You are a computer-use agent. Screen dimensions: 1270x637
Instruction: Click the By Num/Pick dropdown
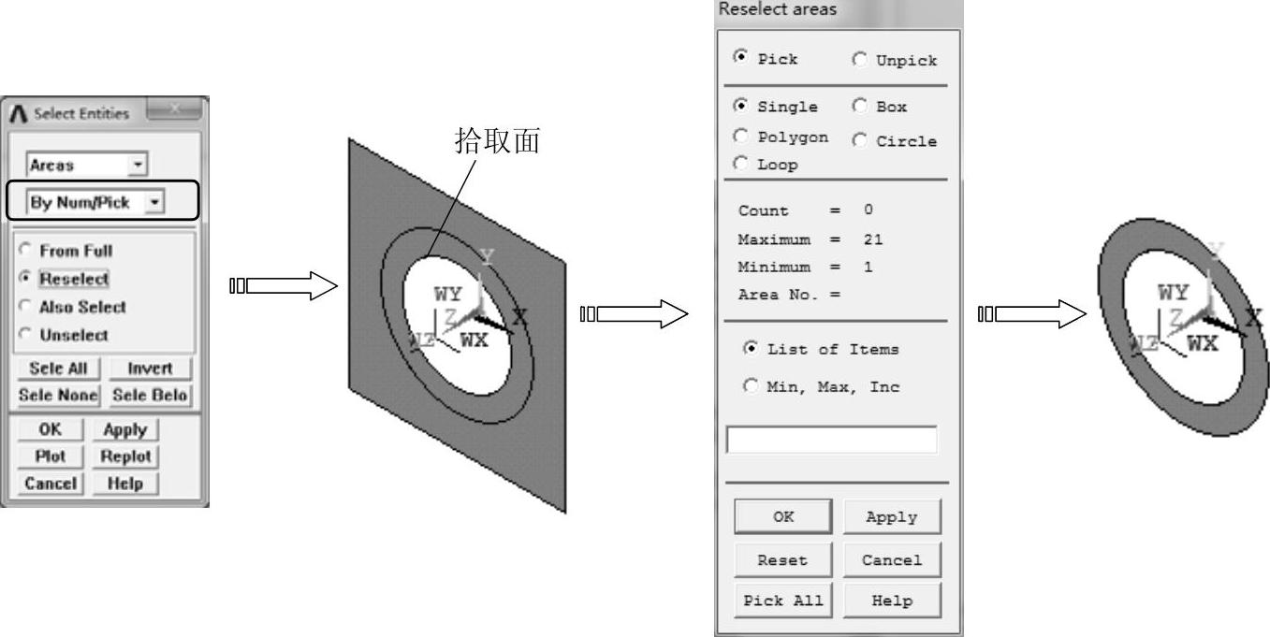95,201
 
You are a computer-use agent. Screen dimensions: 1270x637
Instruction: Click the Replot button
125,456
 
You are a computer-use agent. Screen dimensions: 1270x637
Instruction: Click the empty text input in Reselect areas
831,440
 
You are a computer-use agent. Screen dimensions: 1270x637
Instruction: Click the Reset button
782,560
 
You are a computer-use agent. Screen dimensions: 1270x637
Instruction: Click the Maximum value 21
873,239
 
